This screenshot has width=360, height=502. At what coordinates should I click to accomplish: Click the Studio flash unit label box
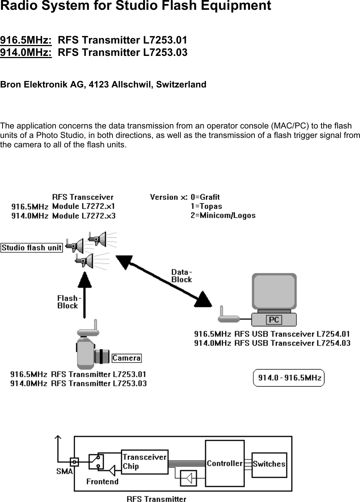(32, 248)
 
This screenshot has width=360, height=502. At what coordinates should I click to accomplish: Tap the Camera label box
(126, 358)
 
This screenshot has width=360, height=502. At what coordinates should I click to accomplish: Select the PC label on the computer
(274, 320)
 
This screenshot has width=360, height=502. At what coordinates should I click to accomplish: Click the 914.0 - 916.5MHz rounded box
(289, 378)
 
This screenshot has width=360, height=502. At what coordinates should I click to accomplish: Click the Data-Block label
(181, 276)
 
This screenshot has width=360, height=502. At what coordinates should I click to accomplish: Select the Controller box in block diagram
(225, 464)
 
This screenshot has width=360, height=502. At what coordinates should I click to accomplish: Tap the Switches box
(269, 464)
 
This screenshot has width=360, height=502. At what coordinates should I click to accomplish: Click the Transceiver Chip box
(144, 462)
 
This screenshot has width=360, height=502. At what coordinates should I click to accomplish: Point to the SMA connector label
(64, 472)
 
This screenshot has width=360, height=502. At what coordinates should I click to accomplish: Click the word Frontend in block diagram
(102, 481)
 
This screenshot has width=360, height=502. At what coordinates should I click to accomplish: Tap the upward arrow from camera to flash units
(85, 294)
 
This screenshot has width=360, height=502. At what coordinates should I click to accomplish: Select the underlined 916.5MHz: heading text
(26, 40)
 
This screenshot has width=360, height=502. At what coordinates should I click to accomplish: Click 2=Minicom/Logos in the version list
(223, 215)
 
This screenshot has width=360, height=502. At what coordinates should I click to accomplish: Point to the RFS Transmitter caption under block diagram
(156, 499)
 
